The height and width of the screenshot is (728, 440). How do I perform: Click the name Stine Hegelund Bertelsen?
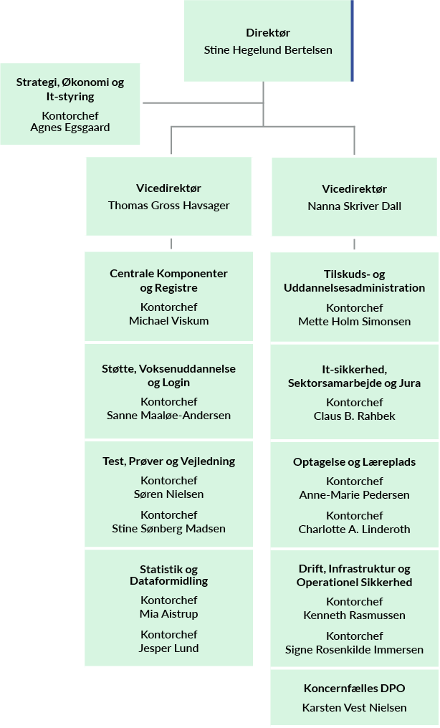point(268,50)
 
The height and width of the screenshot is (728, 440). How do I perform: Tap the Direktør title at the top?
point(268,33)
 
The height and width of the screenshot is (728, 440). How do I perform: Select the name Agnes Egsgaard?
point(70,128)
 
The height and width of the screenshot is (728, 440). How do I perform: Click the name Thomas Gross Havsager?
point(168,205)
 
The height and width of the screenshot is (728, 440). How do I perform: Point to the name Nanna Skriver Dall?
point(354,206)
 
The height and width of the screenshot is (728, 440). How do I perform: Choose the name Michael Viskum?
point(168,321)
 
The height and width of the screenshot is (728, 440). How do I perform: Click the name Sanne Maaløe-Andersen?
point(168,416)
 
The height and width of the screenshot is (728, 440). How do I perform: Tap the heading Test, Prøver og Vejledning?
point(168,461)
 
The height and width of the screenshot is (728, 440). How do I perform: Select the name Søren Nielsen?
point(168,494)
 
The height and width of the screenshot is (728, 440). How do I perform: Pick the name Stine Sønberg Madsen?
point(168,529)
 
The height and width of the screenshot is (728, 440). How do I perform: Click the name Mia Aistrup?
point(168,614)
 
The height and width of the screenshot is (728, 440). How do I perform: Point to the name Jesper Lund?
point(168,648)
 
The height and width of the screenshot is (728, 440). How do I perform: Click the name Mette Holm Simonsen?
point(354,321)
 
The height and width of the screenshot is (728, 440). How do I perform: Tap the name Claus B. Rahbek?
point(354,416)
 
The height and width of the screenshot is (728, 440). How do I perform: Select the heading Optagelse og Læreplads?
point(354,462)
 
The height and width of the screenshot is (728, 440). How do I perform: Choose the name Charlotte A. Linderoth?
point(354,530)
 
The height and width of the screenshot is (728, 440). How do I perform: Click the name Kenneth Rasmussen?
point(354,616)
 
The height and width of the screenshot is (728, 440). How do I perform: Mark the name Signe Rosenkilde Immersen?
point(354,649)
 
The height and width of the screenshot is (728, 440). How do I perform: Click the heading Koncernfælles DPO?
point(354,689)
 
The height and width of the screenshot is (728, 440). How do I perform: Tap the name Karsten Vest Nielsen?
point(354,708)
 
